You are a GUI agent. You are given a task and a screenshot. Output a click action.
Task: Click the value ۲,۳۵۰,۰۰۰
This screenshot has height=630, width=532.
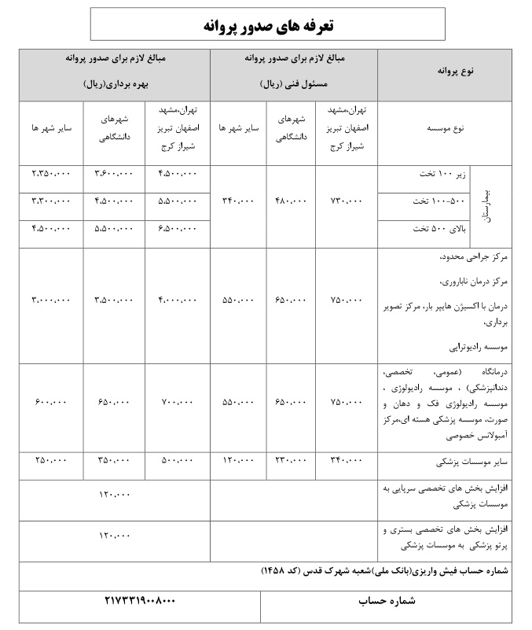[x=51, y=173]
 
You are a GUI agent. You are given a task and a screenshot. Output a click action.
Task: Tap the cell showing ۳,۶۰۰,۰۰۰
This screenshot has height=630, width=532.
[x=115, y=173]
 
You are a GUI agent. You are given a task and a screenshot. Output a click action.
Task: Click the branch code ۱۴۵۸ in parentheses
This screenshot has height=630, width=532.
[x=287, y=573]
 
